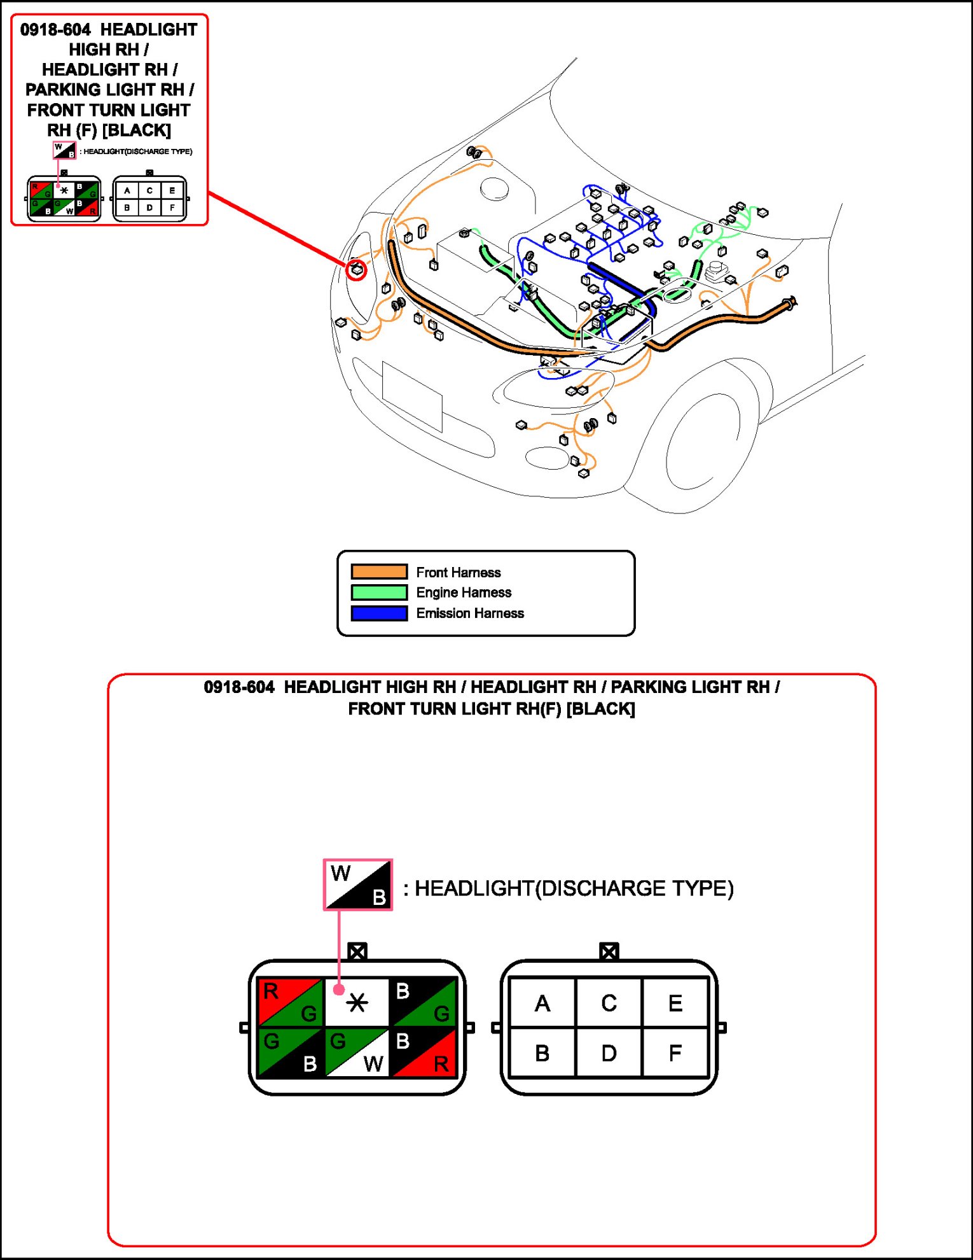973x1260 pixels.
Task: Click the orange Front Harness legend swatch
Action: point(379,571)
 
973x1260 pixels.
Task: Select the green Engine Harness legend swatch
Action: point(379,592)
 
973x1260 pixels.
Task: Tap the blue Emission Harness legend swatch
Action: point(379,613)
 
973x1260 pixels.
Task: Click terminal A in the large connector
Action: point(542,1003)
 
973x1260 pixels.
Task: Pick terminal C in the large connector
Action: point(609,1003)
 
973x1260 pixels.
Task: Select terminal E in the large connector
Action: point(675,1003)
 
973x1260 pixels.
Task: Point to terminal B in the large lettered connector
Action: point(542,1053)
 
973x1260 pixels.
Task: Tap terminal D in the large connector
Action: point(609,1053)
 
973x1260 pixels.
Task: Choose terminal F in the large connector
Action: point(675,1053)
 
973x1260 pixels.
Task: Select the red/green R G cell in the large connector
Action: point(291,1002)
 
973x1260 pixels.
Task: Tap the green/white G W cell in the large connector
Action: point(357,1052)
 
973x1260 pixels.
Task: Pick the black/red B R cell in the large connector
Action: point(424,1052)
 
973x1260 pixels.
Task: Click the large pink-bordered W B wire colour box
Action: point(358,885)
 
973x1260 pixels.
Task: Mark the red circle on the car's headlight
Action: point(356,270)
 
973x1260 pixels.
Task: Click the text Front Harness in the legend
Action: point(458,572)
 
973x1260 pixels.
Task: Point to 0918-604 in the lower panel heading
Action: point(239,687)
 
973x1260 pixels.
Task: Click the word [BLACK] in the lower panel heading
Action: point(600,709)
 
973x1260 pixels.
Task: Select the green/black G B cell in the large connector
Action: point(291,1052)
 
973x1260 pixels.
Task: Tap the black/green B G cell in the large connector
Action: point(424,1002)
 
